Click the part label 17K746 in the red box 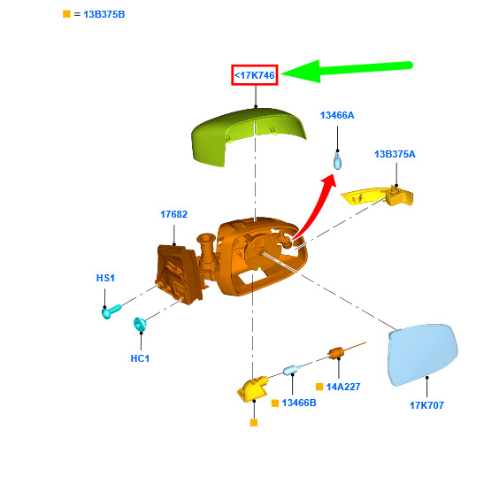[x=254, y=75]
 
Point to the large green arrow [x=347, y=70]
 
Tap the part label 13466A [x=337, y=115]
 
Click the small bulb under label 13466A [x=337, y=160]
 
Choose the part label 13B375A [x=395, y=154]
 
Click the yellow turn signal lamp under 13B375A [x=378, y=196]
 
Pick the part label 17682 [x=173, y=214]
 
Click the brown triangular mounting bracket [x=178, y=273]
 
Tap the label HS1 [x=105, y=278]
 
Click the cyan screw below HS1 [x=111, y=311]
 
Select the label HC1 [x=140, y=358]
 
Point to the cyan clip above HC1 [x=140, y=324]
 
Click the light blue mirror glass [x=423, y=354]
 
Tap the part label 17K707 [x=426, y=405]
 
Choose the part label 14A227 [x=343, y=387]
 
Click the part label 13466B [x=299, y=403]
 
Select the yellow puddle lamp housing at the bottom [x=253, y=388]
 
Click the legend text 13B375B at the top [x=104, y=15]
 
